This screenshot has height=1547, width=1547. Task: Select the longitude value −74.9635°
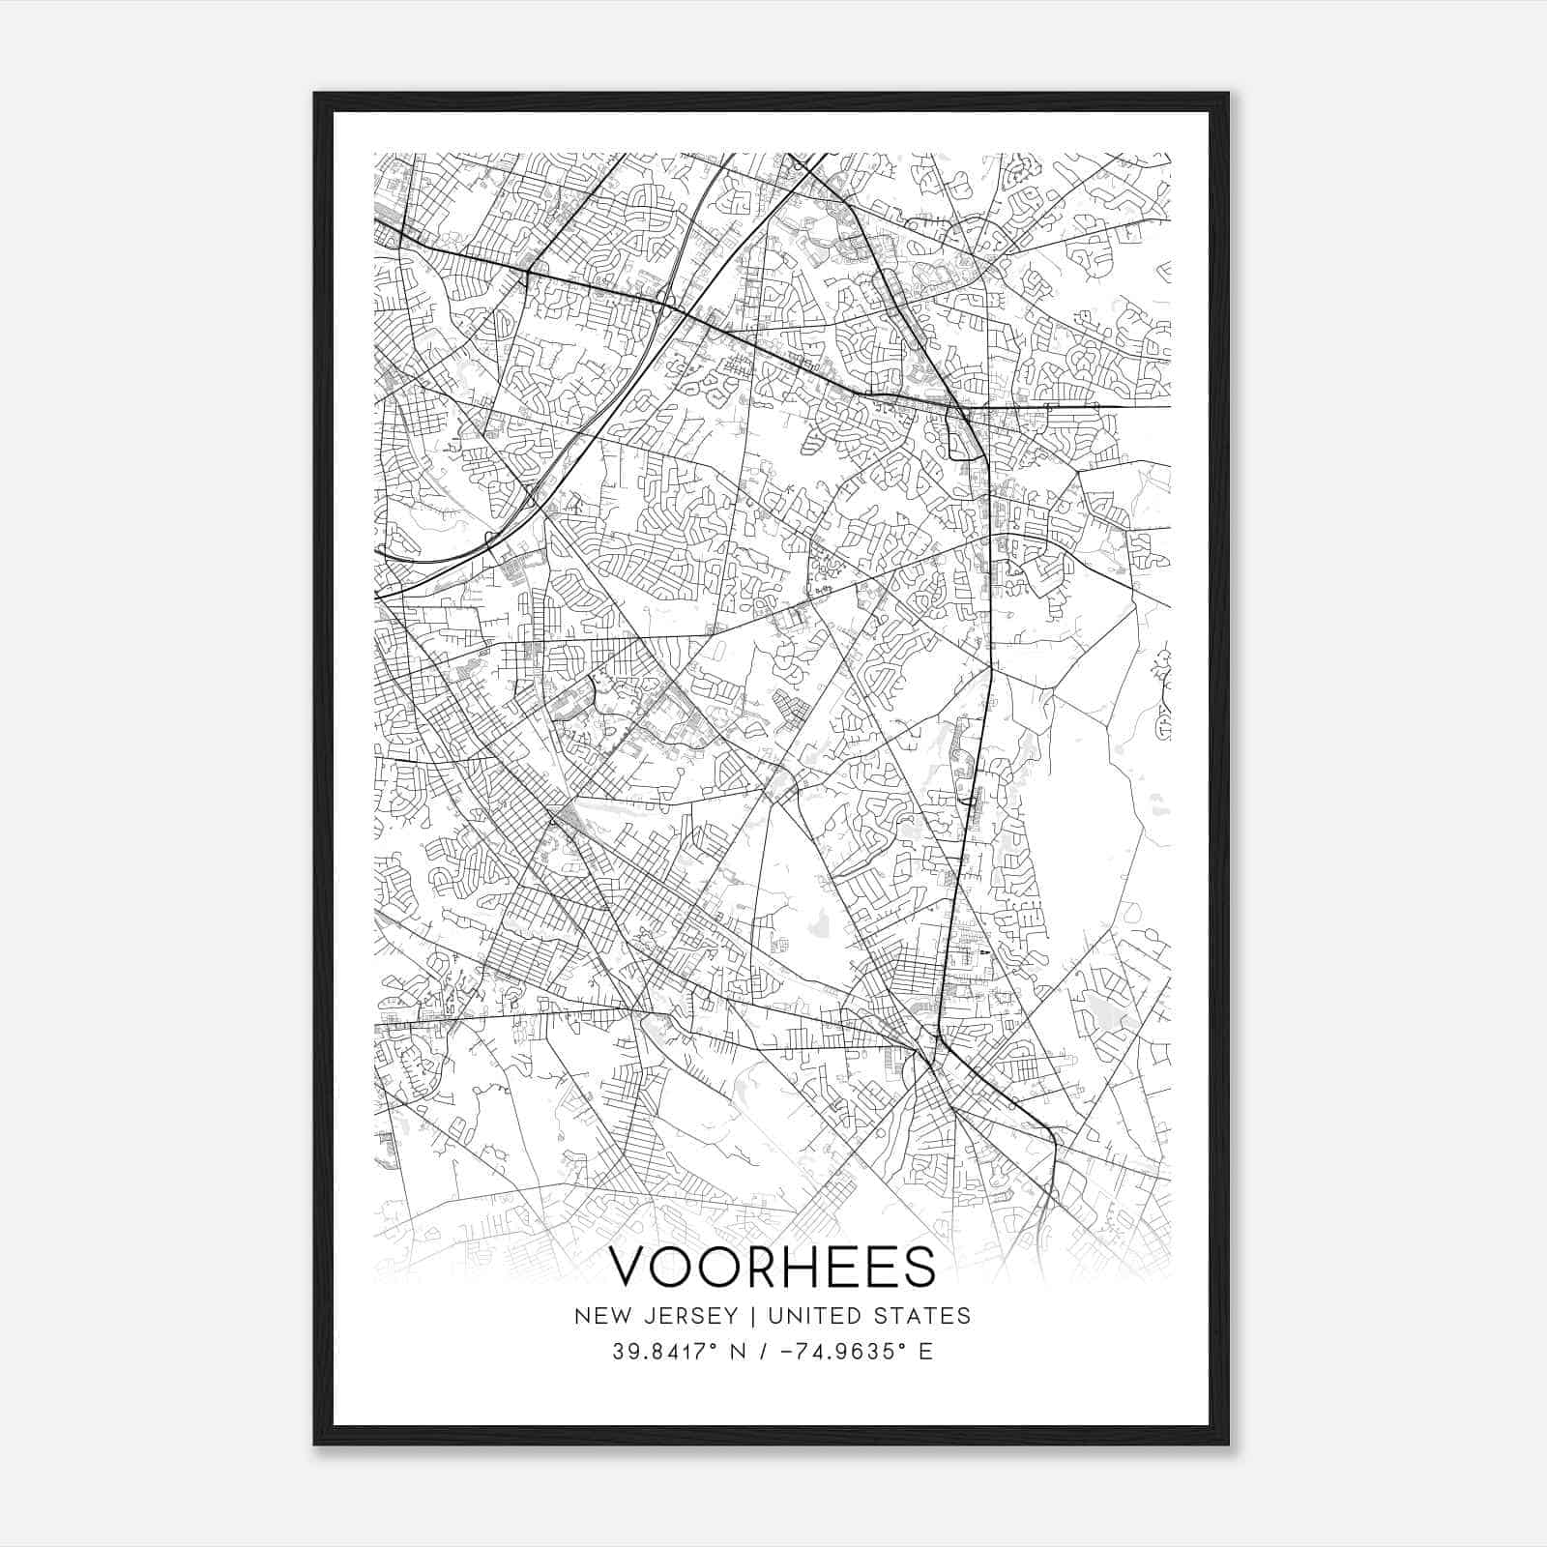pos(842,1352)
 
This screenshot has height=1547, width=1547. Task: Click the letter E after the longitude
pos(926,1352)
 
